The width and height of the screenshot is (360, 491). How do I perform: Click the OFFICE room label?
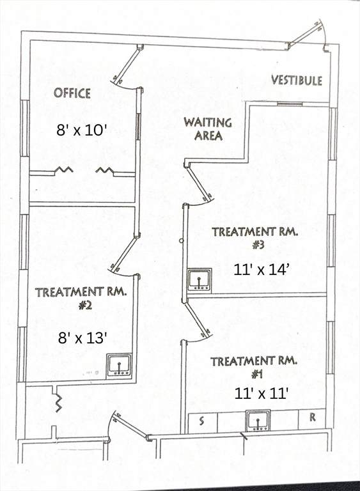pyautogui.click(x=72, y=93)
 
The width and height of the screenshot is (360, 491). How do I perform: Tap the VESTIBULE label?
pyautogui.click(x=297, y=80)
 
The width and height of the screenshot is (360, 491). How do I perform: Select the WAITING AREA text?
pyautogui.click(x=208, y=129)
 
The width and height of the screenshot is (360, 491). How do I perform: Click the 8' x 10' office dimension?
pyautogui.click(x=80, y=130)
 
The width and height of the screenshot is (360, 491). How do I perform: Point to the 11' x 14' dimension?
pyautogui.click(x=260, y=270)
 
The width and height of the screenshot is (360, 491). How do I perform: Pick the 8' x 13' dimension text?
pyautogui.click(x=82, y=338)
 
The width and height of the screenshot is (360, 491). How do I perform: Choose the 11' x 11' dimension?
pyautogui.click(x=261, y=394)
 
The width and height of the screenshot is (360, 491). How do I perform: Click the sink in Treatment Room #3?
pyautogui.click(x=200, y=280)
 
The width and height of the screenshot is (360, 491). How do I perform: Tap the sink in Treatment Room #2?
pyautogui.click(x=119, y=366)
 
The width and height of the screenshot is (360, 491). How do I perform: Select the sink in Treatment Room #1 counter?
pyautogui.click(x=258, y=421)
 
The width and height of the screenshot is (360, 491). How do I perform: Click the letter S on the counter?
pyautogui.click(x=201, y=421)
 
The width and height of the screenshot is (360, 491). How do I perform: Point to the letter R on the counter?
pyautogui.click(x=312, y=417)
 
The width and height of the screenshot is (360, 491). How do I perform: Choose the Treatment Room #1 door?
pyautogui.click(x=198, y=318)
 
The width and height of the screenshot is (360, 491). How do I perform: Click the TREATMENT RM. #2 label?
pyautogui.click(x=81, y=298)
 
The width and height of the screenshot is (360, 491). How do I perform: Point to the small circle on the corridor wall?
pyautogui.click(x=181, y=241)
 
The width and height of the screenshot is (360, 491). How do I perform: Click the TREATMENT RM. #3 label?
pyautogui.click(x=254, y=238)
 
